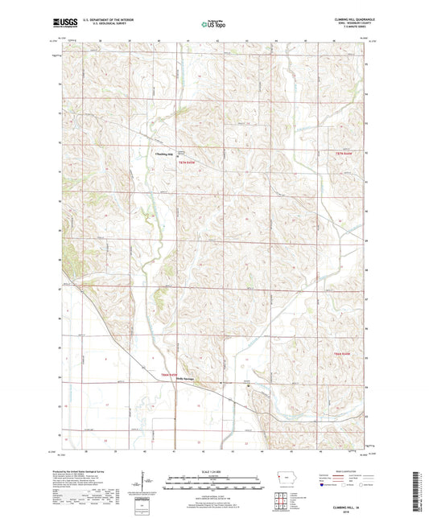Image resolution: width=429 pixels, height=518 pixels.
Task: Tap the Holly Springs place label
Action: (x=187, y=380)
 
